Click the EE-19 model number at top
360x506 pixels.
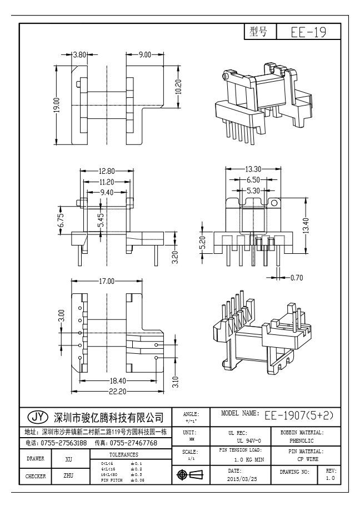308,33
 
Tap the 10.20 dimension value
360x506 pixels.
178,87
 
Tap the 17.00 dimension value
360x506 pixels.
107,282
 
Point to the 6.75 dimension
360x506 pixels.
62,221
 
